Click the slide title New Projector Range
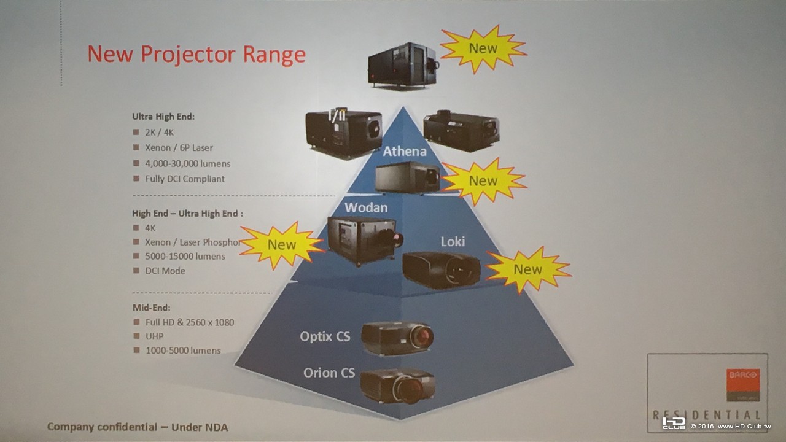click(x=196, y=54)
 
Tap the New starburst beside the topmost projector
click(x=483, y=48)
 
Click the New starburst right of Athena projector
click(x=483, y=180)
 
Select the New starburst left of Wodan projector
click(x=282, y=245)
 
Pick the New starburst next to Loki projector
click(x=528, y=269)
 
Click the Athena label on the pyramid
click(x=404, y=151)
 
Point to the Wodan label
click(x=366, y=207)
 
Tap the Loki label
click(x=453, y=241)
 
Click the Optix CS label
click(x=325, y=336)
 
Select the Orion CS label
click(x=329, y=373)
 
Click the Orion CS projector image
click(x=397, y=385)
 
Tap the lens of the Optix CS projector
click(x=422, y=336)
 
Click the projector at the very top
click(x=402, y=64)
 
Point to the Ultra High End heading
click(x=163, y=116)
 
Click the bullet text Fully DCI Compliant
click(x=185, y=179)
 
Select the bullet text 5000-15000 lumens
click(x=185, y=256)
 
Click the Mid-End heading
click(x=152, y=307)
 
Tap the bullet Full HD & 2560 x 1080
click(x=189, y=322)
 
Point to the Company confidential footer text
click(x=138, y=427)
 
